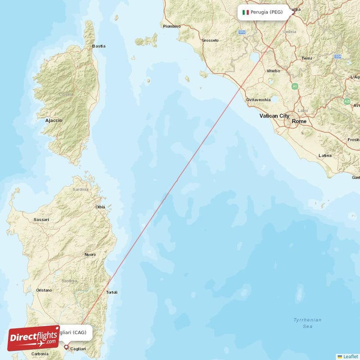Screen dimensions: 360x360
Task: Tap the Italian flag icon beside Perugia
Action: (x=246, y=12)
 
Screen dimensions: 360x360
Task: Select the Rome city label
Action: (x=299, y=121)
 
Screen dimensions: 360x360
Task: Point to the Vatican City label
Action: (x=274, y=116)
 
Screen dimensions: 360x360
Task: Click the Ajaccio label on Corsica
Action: (x=54, y=121)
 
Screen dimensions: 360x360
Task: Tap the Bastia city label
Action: (x=99, y=46)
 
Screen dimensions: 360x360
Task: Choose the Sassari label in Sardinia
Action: (x=41, y=220)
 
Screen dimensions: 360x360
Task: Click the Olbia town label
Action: (x=100, y=207)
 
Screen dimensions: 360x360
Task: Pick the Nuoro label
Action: (x=90, y=255)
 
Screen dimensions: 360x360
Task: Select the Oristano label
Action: (x=44, y=290)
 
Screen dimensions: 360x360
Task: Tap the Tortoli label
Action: (x=111, y=292)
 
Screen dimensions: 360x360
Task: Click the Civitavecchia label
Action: (x=258, y=99)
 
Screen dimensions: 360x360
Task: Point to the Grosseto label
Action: (x=210, y=40)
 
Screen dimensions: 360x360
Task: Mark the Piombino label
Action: (x=171, y=26)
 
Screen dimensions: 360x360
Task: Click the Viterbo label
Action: (x=273, y=71)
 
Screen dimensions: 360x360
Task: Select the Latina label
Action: (x=325, y=156)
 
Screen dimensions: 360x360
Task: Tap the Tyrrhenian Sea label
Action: (x=307, y=323)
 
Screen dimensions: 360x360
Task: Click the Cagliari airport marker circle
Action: (x=66, y=347)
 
